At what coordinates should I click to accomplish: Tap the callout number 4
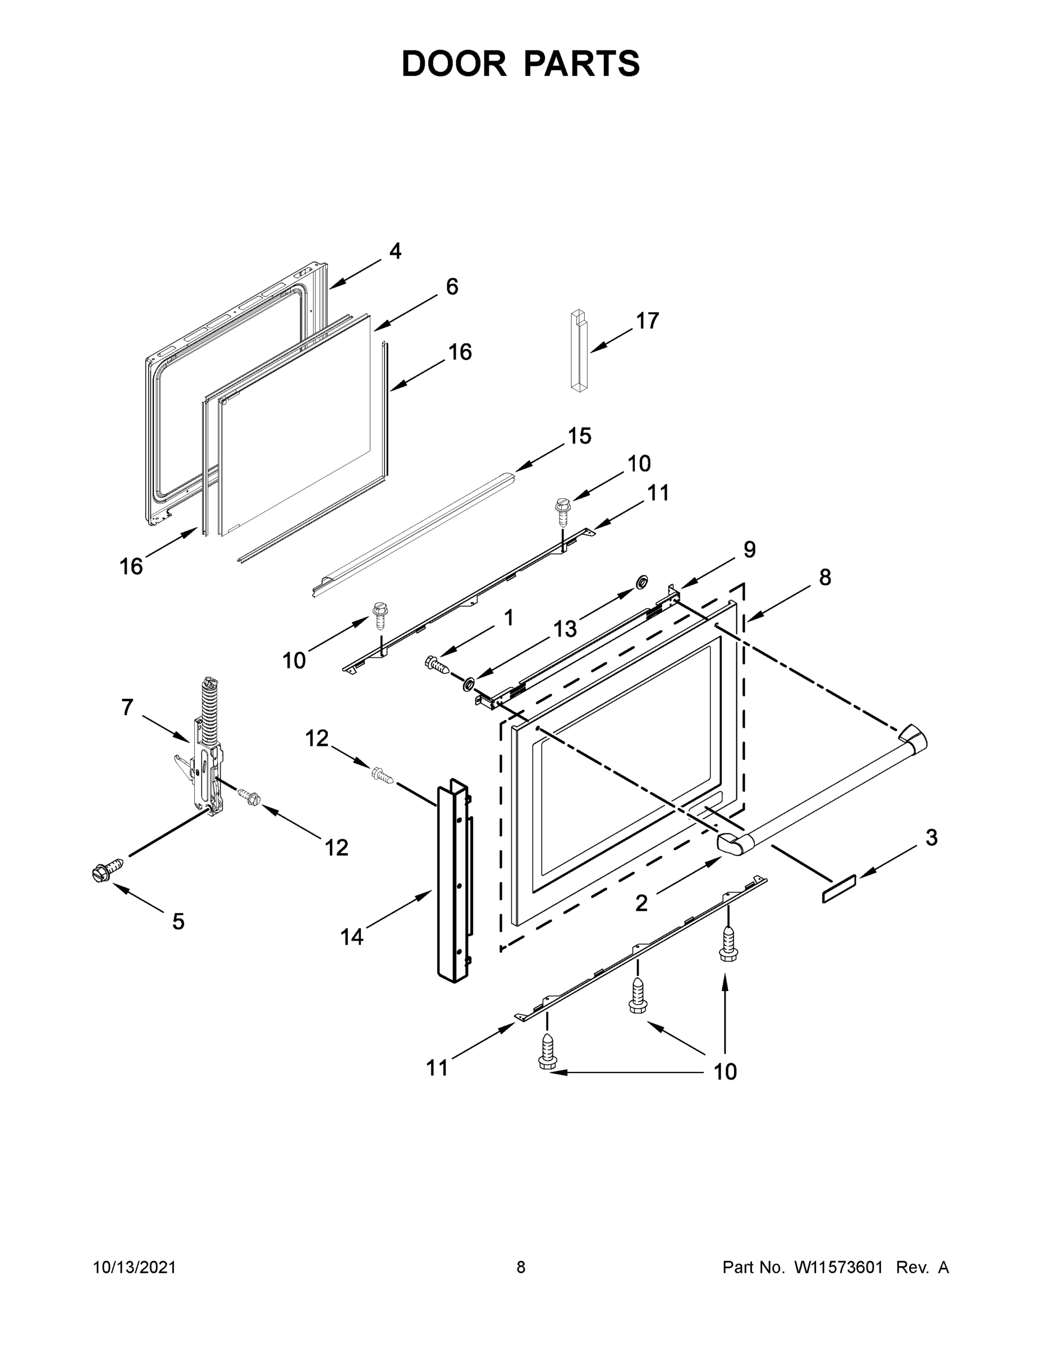coord(395,251)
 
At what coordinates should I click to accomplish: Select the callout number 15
coord(579,436)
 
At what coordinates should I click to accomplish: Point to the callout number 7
coord(127,707)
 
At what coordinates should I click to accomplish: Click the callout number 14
coord(352,937)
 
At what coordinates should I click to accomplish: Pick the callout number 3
coord(931,837)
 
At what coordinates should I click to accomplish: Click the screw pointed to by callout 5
coord(106,870)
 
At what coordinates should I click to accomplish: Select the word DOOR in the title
coord(453,63)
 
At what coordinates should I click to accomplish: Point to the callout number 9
coord(749,549)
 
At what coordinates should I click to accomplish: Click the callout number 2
coord(641,904)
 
